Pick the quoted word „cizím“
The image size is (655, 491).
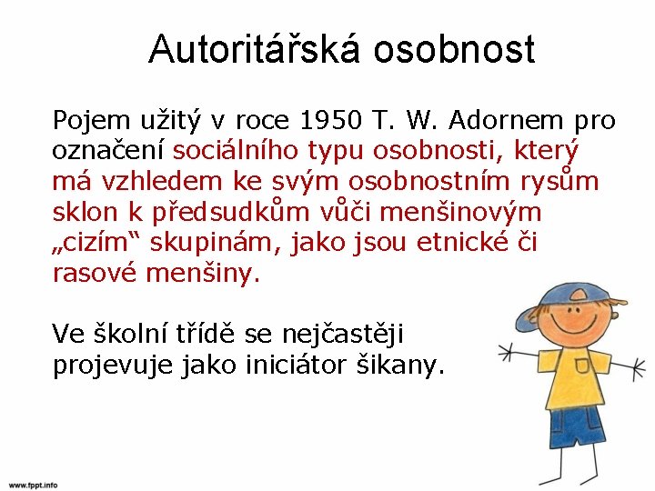coord(96,244)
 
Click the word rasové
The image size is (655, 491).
coord(96,274)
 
